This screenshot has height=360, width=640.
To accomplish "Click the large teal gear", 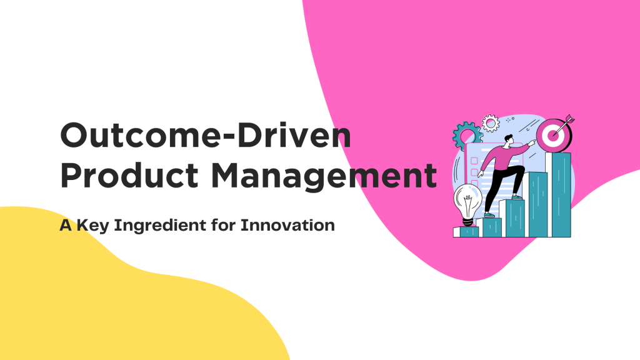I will (465, 134).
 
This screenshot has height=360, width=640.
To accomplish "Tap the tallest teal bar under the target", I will (558, 194).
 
